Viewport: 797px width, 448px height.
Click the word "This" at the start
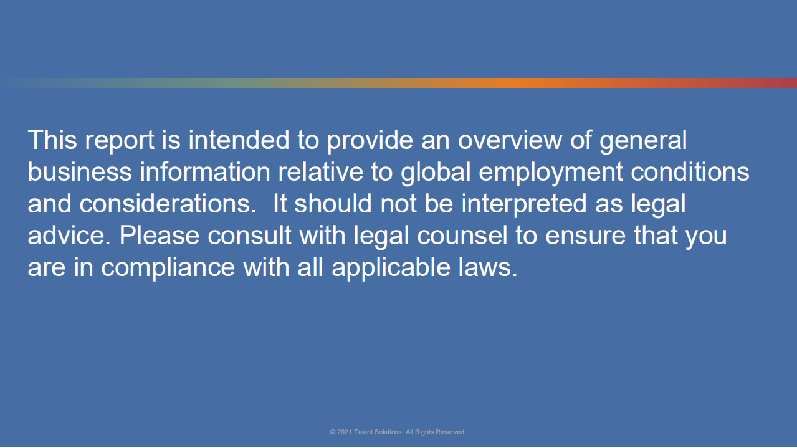click(x=52, y=140)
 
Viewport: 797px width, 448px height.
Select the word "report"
click(x=120, y=141)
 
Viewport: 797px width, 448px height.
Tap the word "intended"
click(x=239, y=140)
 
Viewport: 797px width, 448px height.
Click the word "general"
click(x=643, y=141)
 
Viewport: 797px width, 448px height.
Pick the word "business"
click(x=80, y=171)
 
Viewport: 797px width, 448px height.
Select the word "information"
click(x=205, y=171)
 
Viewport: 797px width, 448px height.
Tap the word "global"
click(x=436, y=173)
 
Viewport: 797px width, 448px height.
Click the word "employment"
click(x=551, y=173)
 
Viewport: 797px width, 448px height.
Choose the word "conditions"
click(x=690, y=171)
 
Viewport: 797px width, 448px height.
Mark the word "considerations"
click(x=168, y=203)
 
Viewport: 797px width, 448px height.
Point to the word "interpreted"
click(x=524, y=205)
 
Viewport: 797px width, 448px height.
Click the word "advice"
click(x=69, y=235)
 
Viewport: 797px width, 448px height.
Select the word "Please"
click(x=159, y=235)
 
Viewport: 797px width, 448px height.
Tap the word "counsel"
click(x=462, y=235)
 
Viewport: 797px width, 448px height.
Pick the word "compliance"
click(x=168, y=269)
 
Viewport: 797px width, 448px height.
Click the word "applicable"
click(x=391, y=269)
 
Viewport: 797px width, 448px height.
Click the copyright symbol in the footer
click(x=333, y=432)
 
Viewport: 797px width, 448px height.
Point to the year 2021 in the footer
click(x=345, y=432)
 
